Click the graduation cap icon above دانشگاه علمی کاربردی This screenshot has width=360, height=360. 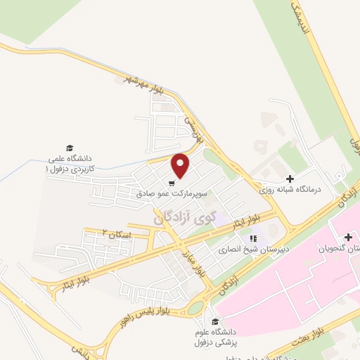point(70,148)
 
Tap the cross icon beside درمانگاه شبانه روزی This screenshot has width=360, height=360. point(290,179)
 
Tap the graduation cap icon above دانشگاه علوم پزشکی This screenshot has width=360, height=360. point(214,321)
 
